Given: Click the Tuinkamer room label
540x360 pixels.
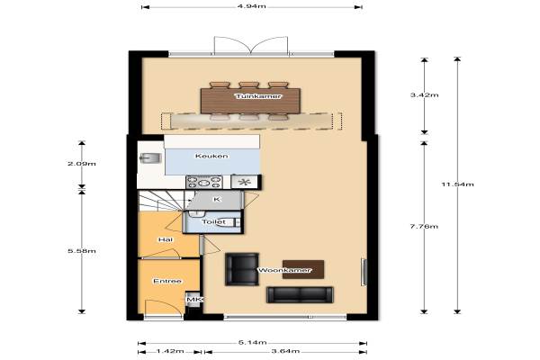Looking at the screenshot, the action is (x=258, y=96).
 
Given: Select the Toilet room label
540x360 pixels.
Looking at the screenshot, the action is (x=214, y=222).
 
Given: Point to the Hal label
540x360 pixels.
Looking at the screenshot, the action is (x=166, y=239).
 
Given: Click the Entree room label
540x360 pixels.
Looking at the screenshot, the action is (x=167, y=281).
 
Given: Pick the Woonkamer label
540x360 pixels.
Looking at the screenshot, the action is (x=284, y=270).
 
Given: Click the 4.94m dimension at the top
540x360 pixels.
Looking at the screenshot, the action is (x=252, y=6).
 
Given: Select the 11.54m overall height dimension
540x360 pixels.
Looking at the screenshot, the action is (x=458, y=184).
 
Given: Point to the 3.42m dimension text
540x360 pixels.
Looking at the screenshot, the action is (x=424, y=94).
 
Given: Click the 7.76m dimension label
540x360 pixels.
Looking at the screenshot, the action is (x=424, y=226).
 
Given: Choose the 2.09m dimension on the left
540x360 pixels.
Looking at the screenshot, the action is (x=82, y=163).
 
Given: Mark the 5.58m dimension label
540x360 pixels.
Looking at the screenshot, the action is (x=82, y=251).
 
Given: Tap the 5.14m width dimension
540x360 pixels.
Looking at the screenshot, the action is (x=252, y=342).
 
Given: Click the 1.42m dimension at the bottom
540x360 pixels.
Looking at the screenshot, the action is (x=170, y=351).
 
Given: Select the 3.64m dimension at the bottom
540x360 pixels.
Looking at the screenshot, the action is (x=285, y=351).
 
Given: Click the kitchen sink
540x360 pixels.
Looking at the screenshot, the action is (x=150, y=158).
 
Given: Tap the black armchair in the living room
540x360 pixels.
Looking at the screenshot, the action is (x=242, y=269).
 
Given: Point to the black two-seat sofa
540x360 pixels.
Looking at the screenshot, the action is (x=300, y=295).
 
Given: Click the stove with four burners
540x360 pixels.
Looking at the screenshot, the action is (x=204, y=182).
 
